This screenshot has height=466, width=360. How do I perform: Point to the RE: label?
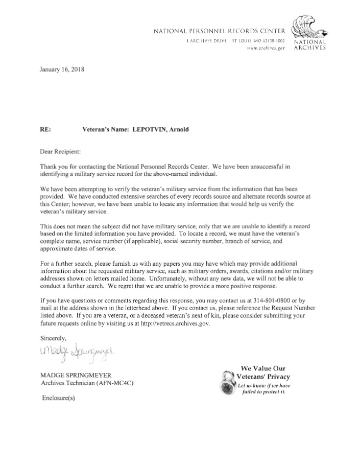[45, 130]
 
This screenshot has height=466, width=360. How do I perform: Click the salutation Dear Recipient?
[60, 151]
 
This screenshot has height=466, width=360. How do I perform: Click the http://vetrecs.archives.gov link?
[169, 323]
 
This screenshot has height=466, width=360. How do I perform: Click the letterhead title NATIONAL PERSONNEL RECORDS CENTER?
[219, 32]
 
